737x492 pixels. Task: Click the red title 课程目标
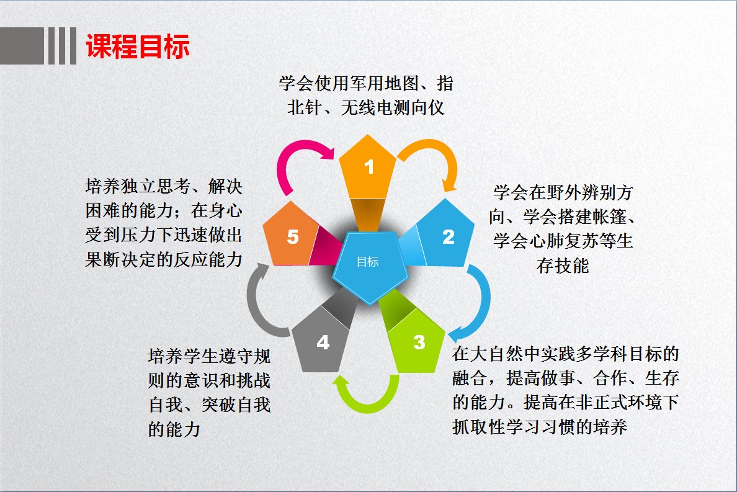(138, 46)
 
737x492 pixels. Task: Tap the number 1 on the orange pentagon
(369, 167)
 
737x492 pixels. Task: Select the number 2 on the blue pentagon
(449, 237)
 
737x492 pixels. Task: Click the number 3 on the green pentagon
(419, 342)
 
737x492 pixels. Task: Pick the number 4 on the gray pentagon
(323, 342)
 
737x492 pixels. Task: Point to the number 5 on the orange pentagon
(293, 237)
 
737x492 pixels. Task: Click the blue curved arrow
(484, 301)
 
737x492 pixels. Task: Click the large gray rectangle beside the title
(22, 45)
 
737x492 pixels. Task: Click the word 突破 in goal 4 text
(219, 405)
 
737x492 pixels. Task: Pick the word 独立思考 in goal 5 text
(156, 186)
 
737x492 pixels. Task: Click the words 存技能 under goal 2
(563, 266)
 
